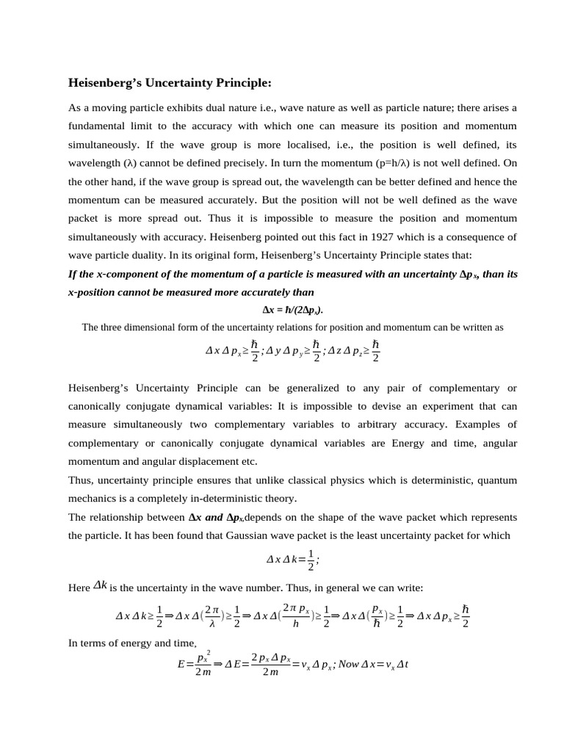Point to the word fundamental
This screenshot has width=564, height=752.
pyautogui.click(x=100, y=126)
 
